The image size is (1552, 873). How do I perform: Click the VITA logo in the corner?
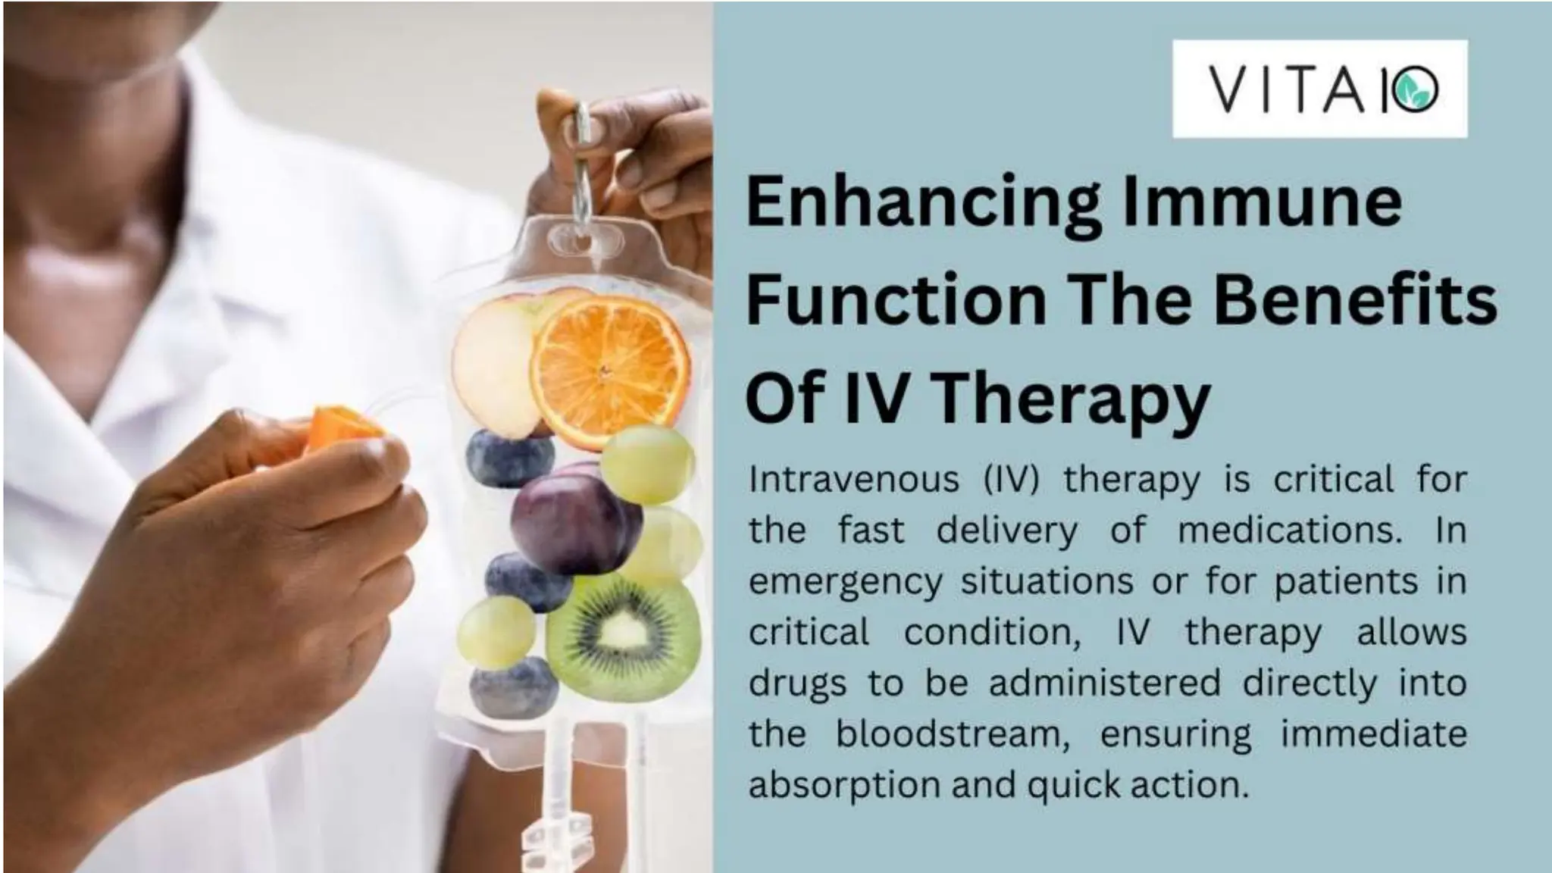coord(1319,89)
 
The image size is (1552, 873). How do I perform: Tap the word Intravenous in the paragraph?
coord(853,480)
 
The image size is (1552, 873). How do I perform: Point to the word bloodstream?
coord(952,734)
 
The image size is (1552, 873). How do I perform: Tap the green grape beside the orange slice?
coord(649,463)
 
